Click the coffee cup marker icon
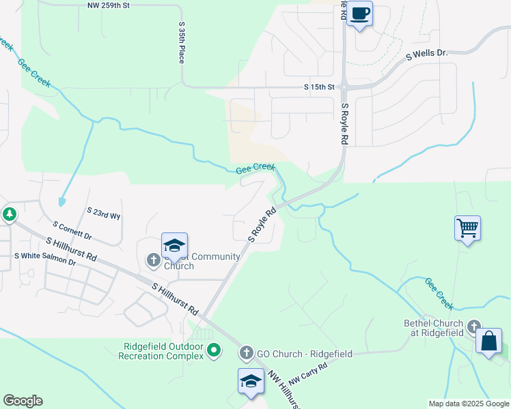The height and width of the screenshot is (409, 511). (360, 13)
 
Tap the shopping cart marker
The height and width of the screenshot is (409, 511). (468, 228)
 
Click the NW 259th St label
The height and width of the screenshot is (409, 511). (109, 5)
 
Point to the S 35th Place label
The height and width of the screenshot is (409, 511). (182, 43)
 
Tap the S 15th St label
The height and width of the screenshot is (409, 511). (320, 87)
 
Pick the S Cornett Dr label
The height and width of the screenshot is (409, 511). (72, 230)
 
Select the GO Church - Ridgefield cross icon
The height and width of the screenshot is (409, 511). (247, 353)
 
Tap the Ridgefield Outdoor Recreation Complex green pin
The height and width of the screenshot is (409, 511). (214, 350)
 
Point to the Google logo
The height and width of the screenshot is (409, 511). (23, 401)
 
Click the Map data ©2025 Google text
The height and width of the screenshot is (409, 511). (468, 404)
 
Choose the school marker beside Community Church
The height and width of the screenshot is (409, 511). (174, 246)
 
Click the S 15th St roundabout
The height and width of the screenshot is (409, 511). (345, 87)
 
